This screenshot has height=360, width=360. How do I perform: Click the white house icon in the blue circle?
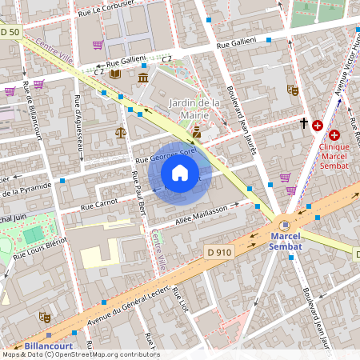(180, 173)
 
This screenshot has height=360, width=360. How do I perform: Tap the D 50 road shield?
(10, 32)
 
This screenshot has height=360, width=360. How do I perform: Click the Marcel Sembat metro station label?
(286, 242)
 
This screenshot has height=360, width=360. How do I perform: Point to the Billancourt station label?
(44, 346)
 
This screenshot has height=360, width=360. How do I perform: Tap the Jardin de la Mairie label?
(194, 109)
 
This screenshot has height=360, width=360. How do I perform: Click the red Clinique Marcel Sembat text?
(334, 156)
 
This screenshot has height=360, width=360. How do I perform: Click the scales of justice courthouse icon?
(120, 133)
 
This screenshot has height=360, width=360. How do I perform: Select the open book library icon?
(116, 74)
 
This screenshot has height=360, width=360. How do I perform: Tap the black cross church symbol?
(303, 123)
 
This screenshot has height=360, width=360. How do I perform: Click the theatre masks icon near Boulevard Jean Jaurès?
(292, 90)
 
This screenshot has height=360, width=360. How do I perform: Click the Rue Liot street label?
(182, 302)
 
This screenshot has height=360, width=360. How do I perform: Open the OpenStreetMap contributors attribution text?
(80, 354)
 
